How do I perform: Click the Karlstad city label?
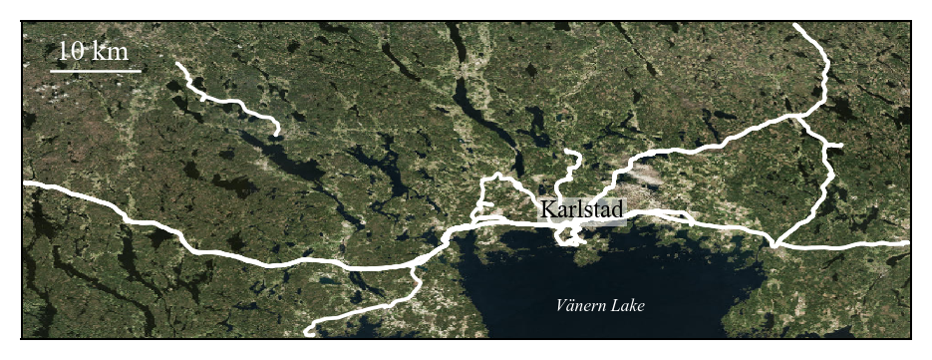pos(582,210)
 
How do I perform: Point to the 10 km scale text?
pos(94,51)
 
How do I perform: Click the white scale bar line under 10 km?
pos(95,71)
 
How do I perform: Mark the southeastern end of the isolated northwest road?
pos(277,133)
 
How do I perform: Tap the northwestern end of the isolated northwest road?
pos(177,65)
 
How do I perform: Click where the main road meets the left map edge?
pos(24,184)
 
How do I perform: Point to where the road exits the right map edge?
pos(907,243)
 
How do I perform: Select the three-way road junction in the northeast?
pos(797,117)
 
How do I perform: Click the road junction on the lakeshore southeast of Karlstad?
pos(773,242)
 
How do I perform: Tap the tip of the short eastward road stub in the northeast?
pos(842,147)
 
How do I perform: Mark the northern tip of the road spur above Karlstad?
pos(567,153)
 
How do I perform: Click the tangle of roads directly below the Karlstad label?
pos(569,236)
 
